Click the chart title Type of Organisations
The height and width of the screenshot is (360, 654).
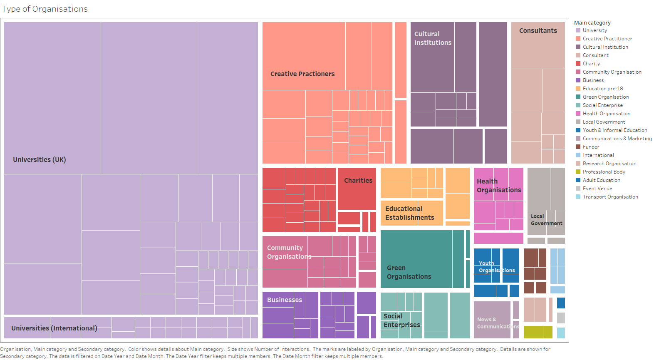click(45, 9)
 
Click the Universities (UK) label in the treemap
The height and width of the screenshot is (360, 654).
click(39, 159)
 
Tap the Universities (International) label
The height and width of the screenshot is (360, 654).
click(54, 328)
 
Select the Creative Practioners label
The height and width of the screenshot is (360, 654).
click(302, 74)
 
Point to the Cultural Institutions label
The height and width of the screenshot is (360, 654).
click(433, 38)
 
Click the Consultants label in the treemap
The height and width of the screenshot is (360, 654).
click(538, 30)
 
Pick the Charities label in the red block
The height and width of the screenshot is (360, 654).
click(358, 180)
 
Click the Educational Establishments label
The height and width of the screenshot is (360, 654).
click(409, 213)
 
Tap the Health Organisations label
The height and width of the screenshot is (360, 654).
click(499, 186)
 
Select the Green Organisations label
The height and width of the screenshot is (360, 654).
click(409, 272)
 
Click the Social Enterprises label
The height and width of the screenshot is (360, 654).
click(401, 320)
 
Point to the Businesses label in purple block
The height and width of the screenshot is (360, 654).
click(285, 300)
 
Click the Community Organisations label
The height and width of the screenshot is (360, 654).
click(289, 252)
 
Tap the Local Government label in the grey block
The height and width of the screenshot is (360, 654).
click(546, 220)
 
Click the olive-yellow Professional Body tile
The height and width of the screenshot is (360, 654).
click(538, 332)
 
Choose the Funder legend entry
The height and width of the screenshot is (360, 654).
click(591, 147)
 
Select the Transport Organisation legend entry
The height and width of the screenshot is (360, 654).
click(610, 197)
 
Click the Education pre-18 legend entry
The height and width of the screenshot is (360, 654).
click(602, 89)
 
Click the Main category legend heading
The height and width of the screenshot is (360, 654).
click(592, 22)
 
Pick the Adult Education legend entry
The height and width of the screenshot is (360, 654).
click(601, 180)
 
